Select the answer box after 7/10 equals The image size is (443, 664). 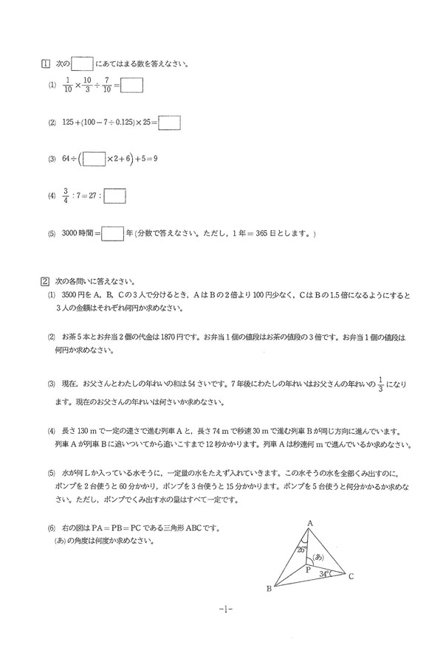(x=131, y=86)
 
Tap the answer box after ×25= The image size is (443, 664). (x=170, y=122)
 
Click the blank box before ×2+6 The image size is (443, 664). (x=95, y=159)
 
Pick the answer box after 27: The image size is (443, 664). (x=115, y=196)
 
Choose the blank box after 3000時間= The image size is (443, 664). (x=112, y=234)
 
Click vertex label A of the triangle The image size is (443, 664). (x=309, y=523)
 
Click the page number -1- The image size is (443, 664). (x=225, y=609)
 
